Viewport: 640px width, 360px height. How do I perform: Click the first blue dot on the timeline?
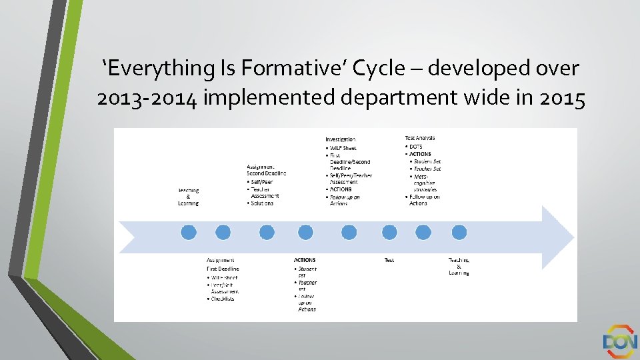coord(189,232)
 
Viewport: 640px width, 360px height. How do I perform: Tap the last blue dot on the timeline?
coord(459,232)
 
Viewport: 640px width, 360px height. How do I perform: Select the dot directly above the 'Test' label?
coord(389,232)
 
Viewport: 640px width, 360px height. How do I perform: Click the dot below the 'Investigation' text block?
coord(349,232)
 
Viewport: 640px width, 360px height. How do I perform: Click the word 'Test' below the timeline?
coord(389,260)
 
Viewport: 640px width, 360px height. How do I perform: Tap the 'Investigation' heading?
coord(340,139)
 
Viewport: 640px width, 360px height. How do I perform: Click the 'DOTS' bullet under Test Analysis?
coord(415,147)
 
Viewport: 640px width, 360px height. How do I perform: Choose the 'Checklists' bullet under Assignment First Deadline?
coord(223,299)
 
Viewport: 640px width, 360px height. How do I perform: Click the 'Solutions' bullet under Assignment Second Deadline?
coord(261,203)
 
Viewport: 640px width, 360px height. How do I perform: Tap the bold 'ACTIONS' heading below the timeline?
coord(305,260)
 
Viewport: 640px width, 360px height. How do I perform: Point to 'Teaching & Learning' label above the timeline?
coord(188,197)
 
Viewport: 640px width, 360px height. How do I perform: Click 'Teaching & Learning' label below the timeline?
coord(459,266)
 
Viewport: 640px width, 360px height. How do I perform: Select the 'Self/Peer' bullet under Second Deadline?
coord(261,181)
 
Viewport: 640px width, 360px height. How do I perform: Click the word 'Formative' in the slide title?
coord(286,68)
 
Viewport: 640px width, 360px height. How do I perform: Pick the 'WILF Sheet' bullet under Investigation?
coord(343,147)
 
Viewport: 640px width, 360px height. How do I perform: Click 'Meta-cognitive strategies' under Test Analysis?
coord(425,183)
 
